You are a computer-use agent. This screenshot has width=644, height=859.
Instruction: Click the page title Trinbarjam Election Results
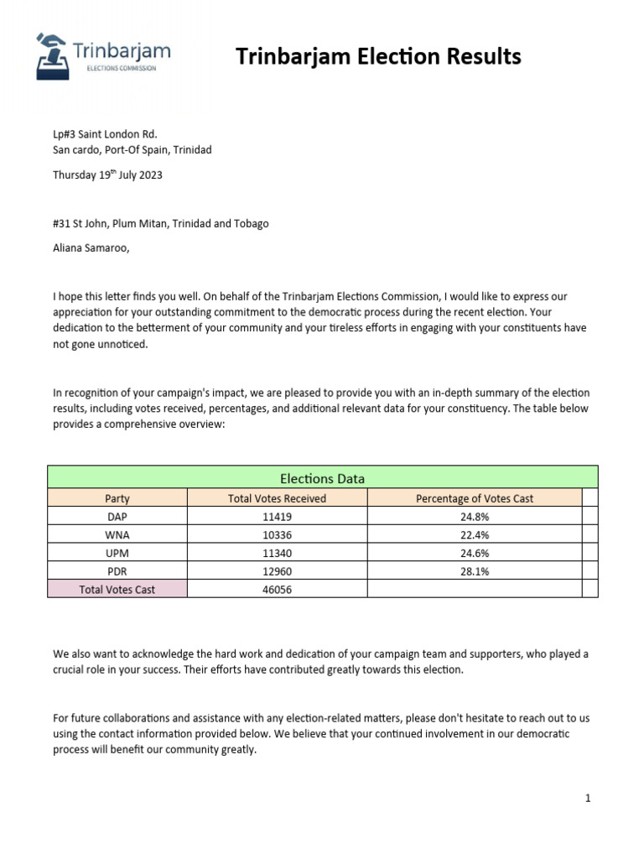[x=378, y=56]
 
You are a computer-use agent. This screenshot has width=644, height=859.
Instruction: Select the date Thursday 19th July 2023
[x=107, y=175]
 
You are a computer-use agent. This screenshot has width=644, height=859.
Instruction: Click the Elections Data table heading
[x=322, y=478]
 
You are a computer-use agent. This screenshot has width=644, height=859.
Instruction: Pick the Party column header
[x=117, y=498]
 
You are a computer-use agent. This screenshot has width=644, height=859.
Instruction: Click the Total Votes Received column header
[x=277, y=498]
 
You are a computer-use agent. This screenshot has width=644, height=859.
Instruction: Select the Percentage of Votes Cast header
[x=474, y=498]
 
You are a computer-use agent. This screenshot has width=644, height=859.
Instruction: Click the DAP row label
[x=117, y=517]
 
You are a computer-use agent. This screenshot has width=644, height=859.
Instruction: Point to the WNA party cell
[x=117, y=535]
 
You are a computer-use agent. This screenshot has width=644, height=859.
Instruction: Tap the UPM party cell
[x=117, y=554]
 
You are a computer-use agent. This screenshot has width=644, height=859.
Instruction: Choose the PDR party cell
[x=117, y=571]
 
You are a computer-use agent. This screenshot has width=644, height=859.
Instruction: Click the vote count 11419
[x=277, y=517]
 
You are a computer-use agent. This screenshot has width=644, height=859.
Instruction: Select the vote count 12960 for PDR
[x=277, y=571]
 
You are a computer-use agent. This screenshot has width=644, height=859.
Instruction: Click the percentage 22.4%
[x=474, y=535]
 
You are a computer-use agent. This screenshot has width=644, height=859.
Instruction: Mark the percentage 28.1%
[x=474, y=571]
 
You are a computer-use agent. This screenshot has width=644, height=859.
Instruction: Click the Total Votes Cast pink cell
[x=117, y=590]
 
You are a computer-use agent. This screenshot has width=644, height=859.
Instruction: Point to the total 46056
[x=277, y=590]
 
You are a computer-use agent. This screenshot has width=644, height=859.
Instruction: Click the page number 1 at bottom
[x=588, y=799]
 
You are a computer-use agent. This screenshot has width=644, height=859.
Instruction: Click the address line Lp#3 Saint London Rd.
[x=105, y=134]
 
